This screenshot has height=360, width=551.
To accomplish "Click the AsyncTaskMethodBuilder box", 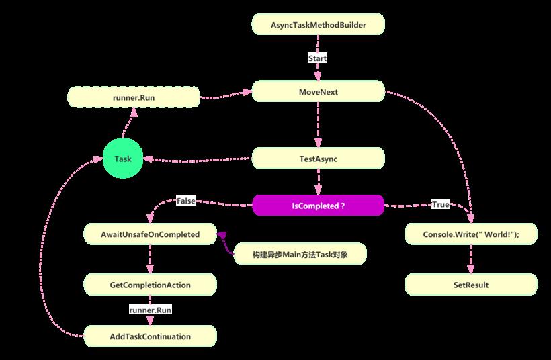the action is (319, 24).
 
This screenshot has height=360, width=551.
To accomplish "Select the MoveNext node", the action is (319, 91).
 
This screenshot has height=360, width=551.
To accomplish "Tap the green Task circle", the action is (123, 159).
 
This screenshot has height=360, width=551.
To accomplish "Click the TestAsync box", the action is (319, 159).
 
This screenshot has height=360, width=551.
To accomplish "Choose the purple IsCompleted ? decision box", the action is (319, 206).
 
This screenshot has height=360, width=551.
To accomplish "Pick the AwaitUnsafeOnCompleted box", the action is (150, 234).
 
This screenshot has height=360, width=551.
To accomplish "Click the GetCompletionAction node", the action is (150, 285).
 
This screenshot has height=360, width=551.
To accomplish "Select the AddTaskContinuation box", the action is (150, 336).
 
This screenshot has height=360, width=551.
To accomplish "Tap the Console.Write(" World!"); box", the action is (471, 234).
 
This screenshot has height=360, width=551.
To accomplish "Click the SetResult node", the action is (471, 285).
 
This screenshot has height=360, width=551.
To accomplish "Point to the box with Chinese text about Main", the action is (300, 254).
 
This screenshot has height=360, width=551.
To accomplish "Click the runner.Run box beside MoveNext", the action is (134, 97).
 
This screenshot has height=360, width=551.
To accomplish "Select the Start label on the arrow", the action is (318, 58).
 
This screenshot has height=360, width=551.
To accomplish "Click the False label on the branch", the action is (186, 201).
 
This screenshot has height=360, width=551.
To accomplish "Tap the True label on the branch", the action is (441, 204).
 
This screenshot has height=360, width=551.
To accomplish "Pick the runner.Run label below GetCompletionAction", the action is (151, 310).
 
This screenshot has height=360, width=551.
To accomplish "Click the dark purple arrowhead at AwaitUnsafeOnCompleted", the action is (222, 235).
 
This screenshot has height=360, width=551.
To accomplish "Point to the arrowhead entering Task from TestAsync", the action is (149, 159).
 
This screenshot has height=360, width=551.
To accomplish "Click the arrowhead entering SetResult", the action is (471, 269).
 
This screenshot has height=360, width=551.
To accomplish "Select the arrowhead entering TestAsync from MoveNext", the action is (319, 142).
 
